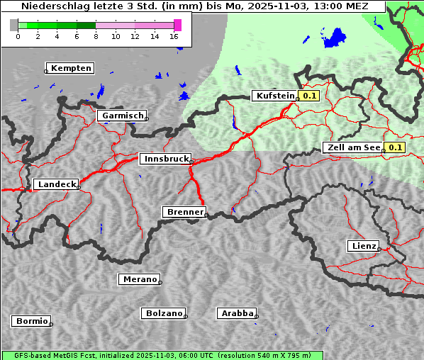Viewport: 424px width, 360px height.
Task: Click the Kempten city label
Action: [71, 68]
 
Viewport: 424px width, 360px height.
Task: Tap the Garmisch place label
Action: [122, 116]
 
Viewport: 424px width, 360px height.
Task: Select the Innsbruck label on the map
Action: [165, 159]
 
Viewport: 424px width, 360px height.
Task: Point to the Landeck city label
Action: [56, 184]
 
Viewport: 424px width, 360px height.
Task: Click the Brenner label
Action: [184, 212]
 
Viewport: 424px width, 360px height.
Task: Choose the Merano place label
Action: [139, 279]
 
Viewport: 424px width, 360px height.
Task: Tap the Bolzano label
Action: [164, 313]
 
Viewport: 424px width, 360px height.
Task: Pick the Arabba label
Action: [236, 313]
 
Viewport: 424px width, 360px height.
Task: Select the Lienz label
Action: [363, 246]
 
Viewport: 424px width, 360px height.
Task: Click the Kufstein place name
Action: [274, 96]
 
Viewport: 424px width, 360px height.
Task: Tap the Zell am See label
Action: [352, 147]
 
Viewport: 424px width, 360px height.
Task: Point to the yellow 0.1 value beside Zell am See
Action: [395, 147]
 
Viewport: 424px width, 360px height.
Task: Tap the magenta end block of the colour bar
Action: [177, 25]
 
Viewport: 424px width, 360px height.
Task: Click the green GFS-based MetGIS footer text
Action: [162, 355]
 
